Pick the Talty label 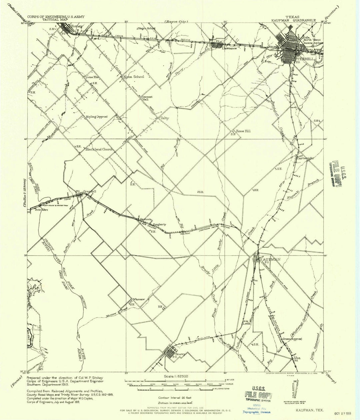[164, 118]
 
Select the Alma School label [134, 77]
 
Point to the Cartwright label [305, 158]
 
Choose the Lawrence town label [229, 48]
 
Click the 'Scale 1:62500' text [176, 376]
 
